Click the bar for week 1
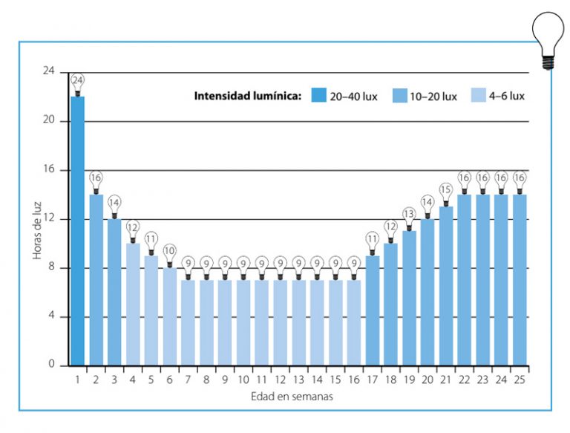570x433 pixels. coord(77,230)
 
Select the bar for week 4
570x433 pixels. coord(133,305)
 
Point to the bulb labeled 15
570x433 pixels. coord(446,191)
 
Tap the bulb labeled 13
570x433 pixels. coord(409,215)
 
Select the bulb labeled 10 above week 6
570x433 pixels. coord(169,252)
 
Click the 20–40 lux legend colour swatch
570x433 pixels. coord(319,96)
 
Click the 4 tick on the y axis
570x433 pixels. coord(52,317)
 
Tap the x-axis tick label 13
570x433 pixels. coord(298,380)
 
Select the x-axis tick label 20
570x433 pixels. coord(427,380)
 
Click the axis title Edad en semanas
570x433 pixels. coord(291,397)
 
